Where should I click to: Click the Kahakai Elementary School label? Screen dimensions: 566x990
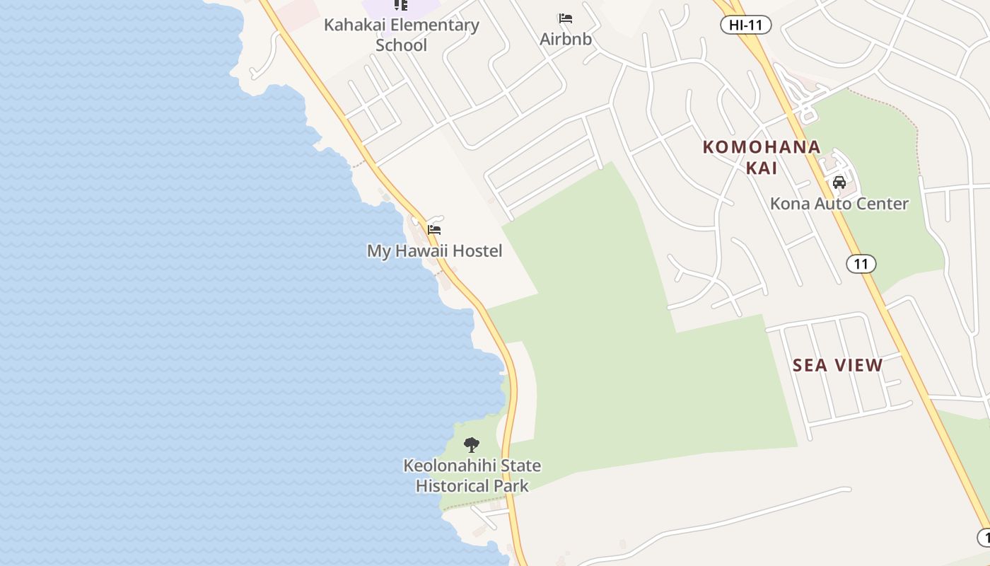pos(401,35)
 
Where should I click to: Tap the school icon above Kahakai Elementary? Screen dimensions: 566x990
pos(401,5)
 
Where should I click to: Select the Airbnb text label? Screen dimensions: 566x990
pos(566,39)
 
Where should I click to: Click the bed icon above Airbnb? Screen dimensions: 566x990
pos(566,18)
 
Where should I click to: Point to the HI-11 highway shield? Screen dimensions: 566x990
pos(745,25)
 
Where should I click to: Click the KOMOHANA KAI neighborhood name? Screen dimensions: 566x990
pos(762,157)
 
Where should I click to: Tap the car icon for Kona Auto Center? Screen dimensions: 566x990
pos(839,183)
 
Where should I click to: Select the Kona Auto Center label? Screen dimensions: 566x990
pos(839,204)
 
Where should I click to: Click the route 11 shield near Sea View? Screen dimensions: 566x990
pos(861,264)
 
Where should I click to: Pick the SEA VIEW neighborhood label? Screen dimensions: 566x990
pos(838,365)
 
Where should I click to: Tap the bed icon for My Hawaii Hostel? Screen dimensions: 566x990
pos(434,230)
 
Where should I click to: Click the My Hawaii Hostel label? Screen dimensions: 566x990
pos(434,251)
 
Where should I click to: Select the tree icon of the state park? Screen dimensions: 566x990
pos(472,445)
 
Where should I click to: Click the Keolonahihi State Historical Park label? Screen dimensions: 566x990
pos(472,475)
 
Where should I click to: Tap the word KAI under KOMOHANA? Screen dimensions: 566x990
pos(762,168)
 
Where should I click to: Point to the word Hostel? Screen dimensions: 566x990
pos(477,251)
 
